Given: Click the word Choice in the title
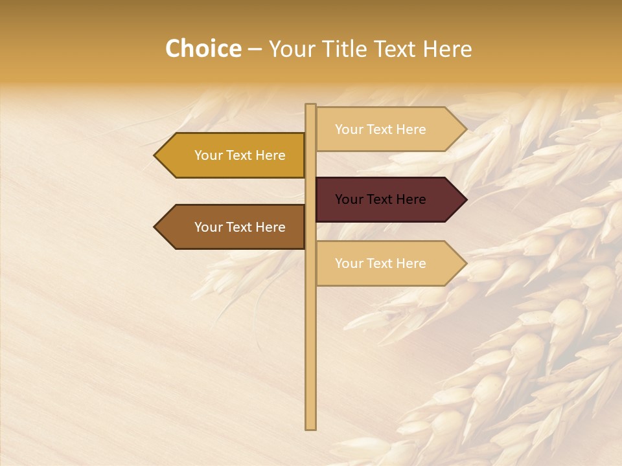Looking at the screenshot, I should click(x=203, y=49).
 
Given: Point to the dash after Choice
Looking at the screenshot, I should click(x=255, y=50).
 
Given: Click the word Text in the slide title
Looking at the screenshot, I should click(x=395, y=49).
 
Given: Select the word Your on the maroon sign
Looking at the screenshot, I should click(x=349, y=199).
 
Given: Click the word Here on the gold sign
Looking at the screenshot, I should click(x=270, y=155).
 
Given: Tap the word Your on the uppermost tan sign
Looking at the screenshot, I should click(x=349, y=129).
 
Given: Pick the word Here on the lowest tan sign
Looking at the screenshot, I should click(x=411, y=263).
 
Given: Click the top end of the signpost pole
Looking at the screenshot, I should click(x=310, y=105).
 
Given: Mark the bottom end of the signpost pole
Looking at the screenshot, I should click(x=310, y=428).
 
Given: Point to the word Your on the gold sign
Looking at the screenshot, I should click(x=208, y=155).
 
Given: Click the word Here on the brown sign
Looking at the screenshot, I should click(x=270, y=227).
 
